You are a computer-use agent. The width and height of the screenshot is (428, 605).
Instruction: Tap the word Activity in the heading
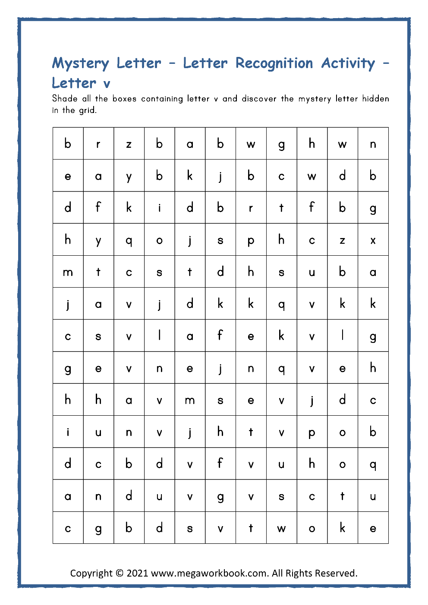[x=348, y=63]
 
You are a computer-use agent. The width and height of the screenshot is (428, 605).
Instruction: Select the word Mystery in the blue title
[x=80, y=63]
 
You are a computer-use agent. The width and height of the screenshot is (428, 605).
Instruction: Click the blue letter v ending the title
[x=107, y=84]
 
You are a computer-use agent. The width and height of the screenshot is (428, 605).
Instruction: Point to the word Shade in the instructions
[x=65, y=98]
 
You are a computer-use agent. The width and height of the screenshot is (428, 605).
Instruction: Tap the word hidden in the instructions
[x=375, y=98]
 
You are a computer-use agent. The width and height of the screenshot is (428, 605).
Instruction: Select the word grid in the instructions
[x=87, y=110]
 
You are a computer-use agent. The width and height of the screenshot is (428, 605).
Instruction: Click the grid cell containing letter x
[x=373, y=240]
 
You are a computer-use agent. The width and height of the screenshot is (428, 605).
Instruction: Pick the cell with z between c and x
[x=342, y=240]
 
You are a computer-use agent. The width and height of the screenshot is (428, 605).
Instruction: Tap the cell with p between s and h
[x=251, y=240]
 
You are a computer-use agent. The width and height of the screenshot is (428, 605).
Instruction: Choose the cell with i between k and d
[x=159, y=208]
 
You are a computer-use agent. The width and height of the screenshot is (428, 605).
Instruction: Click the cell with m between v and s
[x=190, y=400]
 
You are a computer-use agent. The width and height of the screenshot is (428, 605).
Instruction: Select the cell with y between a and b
[x=129, y=176]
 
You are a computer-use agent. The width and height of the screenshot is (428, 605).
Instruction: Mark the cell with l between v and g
[x=342, y=335]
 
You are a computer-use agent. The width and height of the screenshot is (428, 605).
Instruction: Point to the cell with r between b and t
[x=251, y=208]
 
